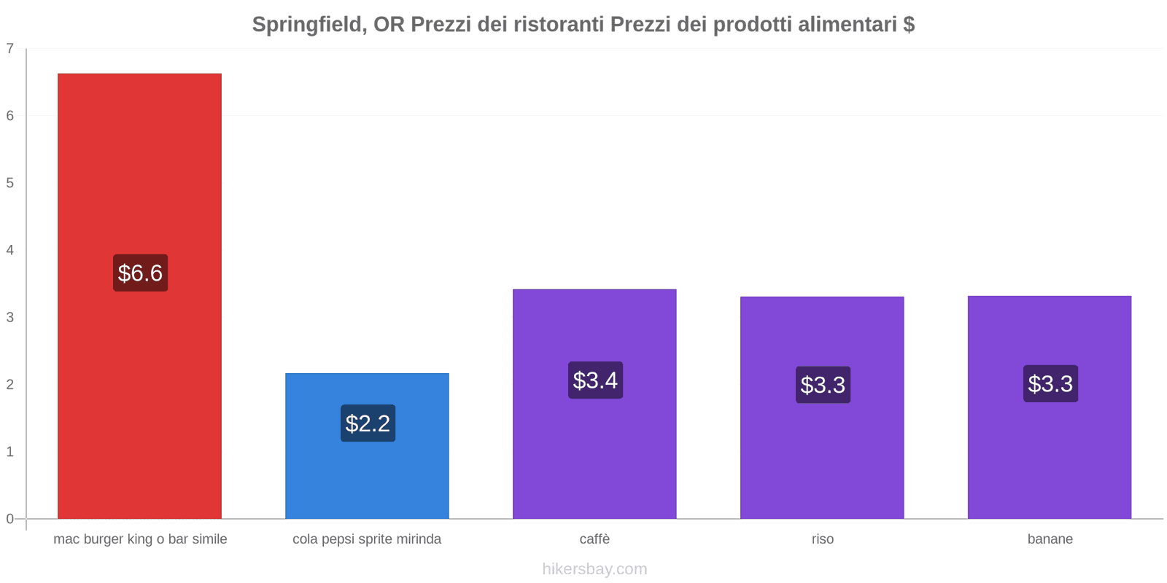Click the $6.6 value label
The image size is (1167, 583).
click(x=140, y=273)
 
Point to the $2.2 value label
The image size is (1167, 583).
click(x=368, y=423)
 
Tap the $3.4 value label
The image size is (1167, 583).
click(x=595, y=380)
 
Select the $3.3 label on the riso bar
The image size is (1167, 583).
click(x=823, y=384)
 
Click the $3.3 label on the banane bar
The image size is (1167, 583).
click(x=1050, y=383)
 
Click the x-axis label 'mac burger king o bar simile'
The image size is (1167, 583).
click(x=140, y=539)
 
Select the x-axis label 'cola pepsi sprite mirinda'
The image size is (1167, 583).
click(x=367, y=539)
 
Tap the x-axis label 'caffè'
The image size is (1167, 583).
click(x=594, y=539)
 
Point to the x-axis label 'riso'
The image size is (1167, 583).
click(x=823, y=539)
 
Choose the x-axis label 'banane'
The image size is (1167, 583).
click(x=1050, y=539)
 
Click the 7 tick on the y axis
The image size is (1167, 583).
click(x=10, y=49)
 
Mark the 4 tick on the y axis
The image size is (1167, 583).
click(x=10, y=250)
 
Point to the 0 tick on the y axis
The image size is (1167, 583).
click(x=10, y=519)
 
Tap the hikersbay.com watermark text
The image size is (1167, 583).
click(x=594, y=569)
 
